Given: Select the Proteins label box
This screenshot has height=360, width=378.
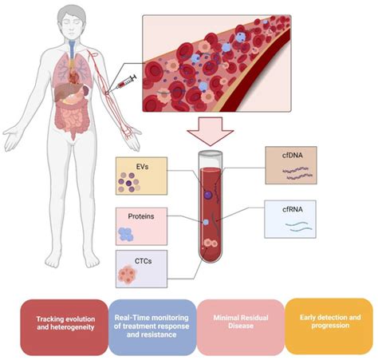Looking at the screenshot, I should (x=140, y=226).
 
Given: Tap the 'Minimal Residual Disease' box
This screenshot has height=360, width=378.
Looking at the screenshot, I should (x=240, y=326).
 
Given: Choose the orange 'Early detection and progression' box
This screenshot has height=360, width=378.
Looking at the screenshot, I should (x=329, y=326).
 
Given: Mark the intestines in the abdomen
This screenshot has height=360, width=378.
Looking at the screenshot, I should (x=72, y=120).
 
